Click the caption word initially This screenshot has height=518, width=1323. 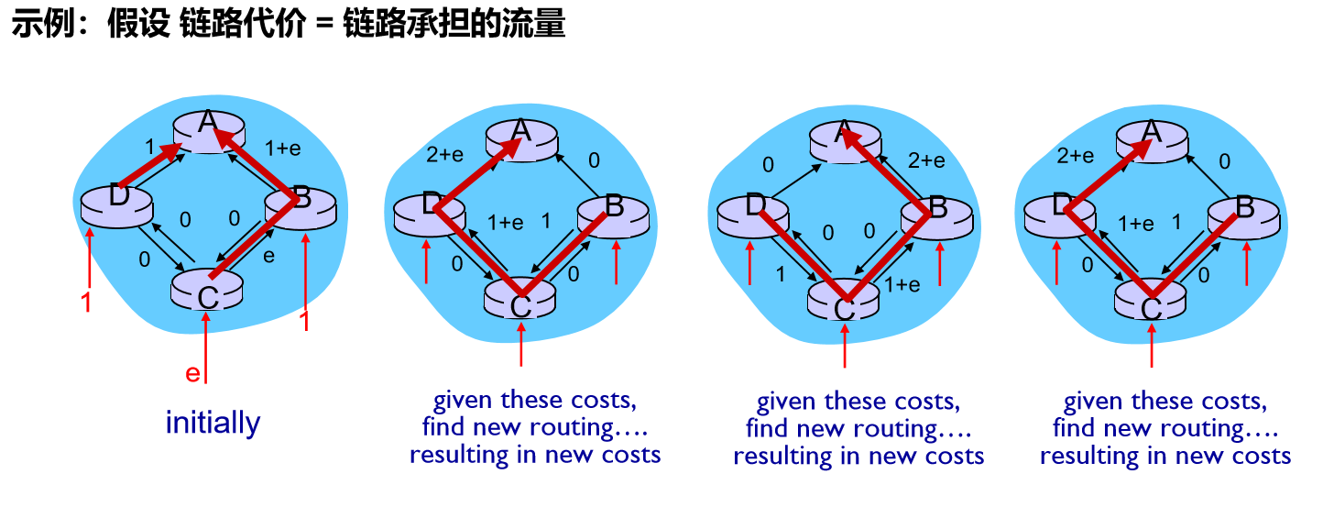pos(213,423)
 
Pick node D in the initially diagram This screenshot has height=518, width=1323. pos(116,197)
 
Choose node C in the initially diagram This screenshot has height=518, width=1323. pos(207,295)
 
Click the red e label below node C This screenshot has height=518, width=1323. pos(192,373)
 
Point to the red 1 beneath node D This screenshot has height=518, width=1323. pos(87,302)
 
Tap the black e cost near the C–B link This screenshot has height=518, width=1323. pos(268,256)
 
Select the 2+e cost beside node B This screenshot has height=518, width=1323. pos(925,160)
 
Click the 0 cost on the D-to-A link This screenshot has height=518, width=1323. pos(768,165)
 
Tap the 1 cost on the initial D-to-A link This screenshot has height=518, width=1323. pos(148,147)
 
